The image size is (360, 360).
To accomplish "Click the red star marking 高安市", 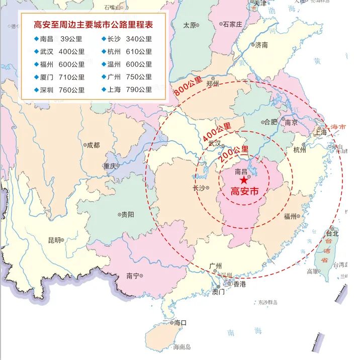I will (244, 180).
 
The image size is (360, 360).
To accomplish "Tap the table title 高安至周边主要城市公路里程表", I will (93, 25).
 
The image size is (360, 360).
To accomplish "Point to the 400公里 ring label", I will (217, 132).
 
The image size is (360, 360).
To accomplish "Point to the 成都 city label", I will (93, 145).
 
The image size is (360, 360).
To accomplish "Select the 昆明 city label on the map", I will (54, 240).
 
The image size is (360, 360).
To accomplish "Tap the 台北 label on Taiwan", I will (332, 233).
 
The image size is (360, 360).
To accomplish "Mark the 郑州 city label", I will (213, 84).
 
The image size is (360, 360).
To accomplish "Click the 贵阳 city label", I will (127, 214).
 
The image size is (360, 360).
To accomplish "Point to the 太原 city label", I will (190, 25).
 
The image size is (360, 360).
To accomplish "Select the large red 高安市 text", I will (244, 191).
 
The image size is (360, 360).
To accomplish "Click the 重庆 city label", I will (110, 166).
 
